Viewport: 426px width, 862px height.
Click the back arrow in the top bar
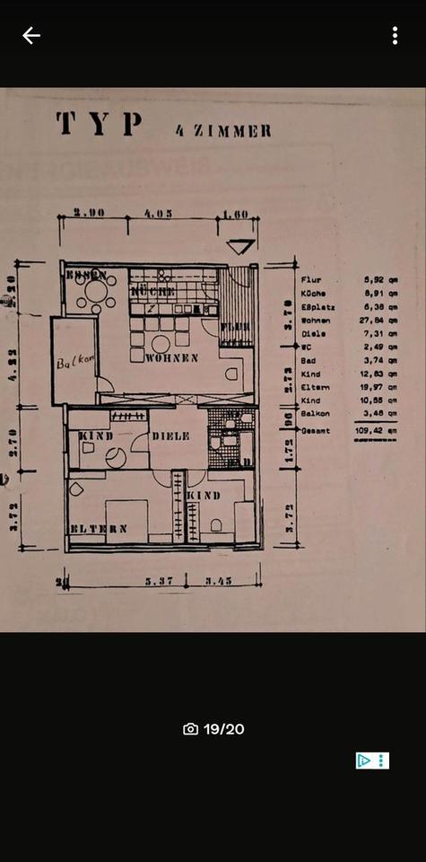(x=31, y=36)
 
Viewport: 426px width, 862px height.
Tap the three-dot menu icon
(x=395, y=36)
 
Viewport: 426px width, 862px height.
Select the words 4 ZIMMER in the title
(x=223, y=130)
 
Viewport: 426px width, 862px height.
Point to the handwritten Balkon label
(x=75, y=364)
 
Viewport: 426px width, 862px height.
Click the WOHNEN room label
(x=171, y=357)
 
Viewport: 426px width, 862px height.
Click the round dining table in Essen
(x=96, y=292)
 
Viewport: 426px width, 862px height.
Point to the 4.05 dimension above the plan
(x=156, y=215)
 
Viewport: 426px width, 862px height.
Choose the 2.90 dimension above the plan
(x=90, y=215)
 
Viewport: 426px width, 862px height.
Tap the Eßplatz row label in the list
(x=318, y=307)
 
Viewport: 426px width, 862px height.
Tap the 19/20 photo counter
(x=213, y=729)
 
